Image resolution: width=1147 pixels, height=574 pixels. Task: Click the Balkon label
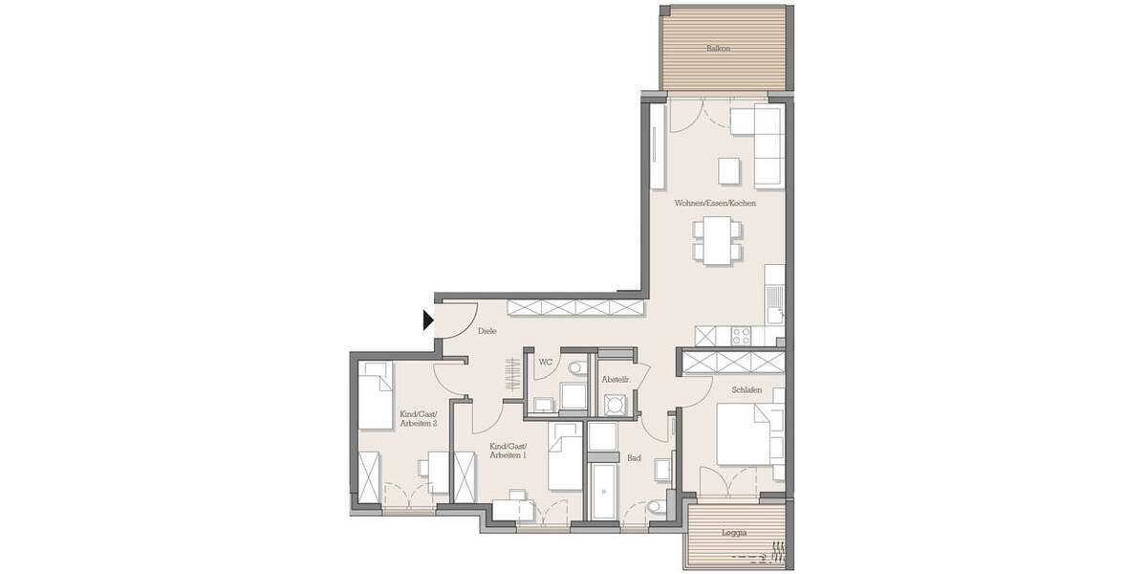pyautogui.click(x=718, y=48)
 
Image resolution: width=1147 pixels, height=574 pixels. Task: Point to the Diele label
pyautogui.click(x=487, y=332)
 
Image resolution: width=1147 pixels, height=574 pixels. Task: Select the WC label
pyautogui.click(x=545, y=363)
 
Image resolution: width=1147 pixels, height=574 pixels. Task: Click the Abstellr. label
pyautogui.click(x=614, y=381)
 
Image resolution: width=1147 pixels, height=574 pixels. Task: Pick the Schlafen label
pyautogui.click(x=747, y=390)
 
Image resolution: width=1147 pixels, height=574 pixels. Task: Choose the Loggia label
pyautogui.click(x=735, y=531)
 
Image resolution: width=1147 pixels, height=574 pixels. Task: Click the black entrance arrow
pyautogui.click(x=429, y=320)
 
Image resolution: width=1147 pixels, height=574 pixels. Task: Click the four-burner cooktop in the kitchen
pyautogui.click(x=741, y=336)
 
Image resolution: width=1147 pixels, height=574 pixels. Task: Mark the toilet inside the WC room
pyautogui.click(x=576, y=368)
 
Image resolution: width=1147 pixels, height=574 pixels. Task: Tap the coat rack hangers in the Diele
pyautogui.click(x=513, y=372)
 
